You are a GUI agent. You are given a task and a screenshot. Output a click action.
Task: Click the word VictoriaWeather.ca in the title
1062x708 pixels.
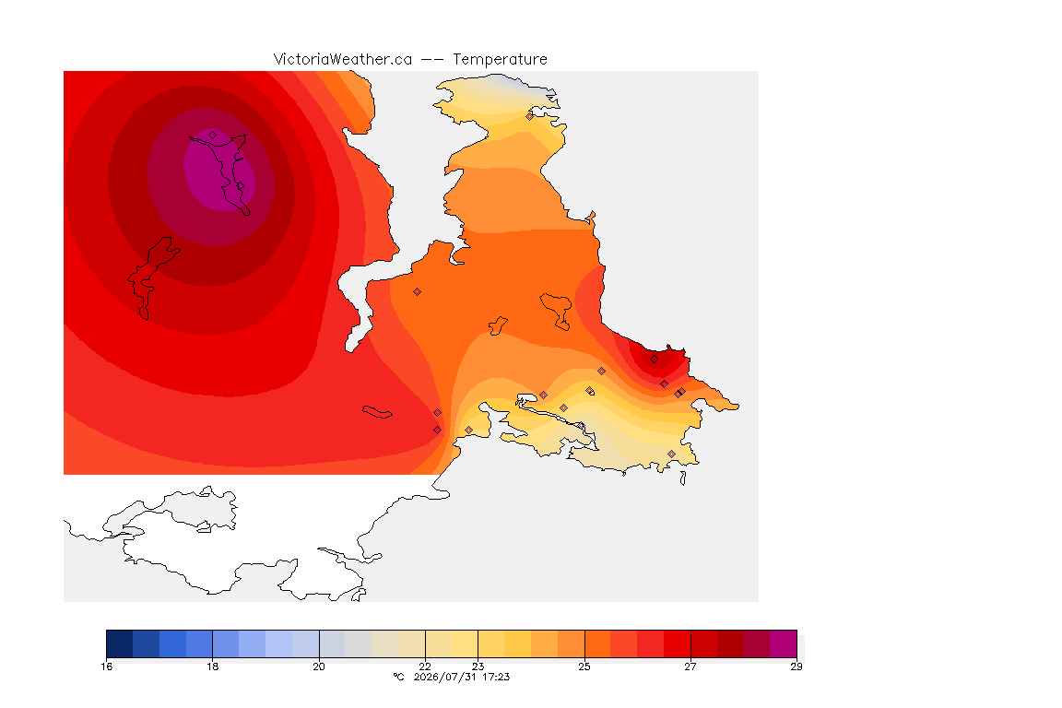pyautogui.click(x=343, y=60)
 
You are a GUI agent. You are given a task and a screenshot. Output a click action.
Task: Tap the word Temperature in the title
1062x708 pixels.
pyautogui.click(x=500, y=60)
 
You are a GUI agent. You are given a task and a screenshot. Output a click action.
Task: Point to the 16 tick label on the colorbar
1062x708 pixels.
pyautogui.click(x=106, y=667)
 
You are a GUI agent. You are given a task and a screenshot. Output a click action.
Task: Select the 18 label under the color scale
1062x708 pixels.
pyautogui.click(x=213, y=667)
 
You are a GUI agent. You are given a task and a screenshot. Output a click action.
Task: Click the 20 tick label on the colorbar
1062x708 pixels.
pyautogui.click(x=319, y=667)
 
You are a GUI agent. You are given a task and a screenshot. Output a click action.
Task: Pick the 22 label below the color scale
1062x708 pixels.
pyautogui.click(x=425, y=667)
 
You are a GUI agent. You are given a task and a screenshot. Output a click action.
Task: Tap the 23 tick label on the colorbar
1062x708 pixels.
pyautogui.click(x=478, y=667)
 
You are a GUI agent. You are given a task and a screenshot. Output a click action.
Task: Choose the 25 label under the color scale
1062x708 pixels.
pyautogui.click(x=584, y=667)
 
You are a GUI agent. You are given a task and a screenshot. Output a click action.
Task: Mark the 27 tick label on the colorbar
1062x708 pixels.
pyautogui.click(x=690, y=667)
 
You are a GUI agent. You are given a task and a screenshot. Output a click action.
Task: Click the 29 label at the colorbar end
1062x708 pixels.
pyautogui.click(x=796, y=667)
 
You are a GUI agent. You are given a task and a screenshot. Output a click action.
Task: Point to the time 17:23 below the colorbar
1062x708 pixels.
pyautogui.click(x=496, y=677)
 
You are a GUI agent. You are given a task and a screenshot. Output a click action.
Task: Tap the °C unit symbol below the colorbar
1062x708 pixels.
pyautogui.click(x=398, y=677)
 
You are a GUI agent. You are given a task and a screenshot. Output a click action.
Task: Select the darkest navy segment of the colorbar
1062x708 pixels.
pyautogui.click(x=120, y=643)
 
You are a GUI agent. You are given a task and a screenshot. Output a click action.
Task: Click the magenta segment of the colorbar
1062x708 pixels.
pyautogui.click(x=783, y=643)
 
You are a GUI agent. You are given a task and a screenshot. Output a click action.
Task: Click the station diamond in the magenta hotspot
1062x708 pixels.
pyautogui.click(x=213, y=136)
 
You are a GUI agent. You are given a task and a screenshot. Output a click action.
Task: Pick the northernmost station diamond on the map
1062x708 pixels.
pyautogui.click(x=530, y=116)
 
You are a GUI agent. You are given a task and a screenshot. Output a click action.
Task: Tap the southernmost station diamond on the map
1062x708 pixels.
pyautogui.click(x=671, y=454)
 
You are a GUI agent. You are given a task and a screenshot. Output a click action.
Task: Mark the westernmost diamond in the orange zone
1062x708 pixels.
pyautogui.click(x=418, y=292)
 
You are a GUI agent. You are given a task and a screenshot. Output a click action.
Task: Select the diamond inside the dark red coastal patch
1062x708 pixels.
pyautogui.click(x=655, y=360)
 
